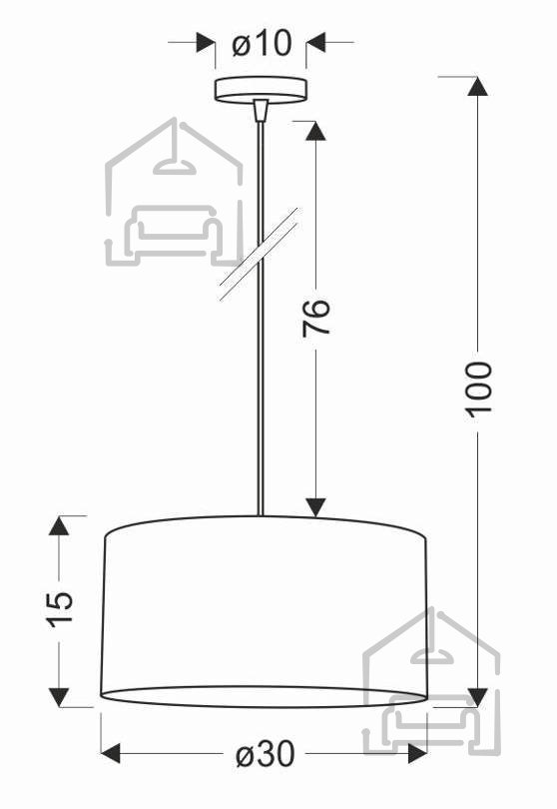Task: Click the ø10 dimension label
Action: (x=262, y=43)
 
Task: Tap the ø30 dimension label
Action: (x=266, y=754)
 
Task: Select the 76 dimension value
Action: (x=315, y=318)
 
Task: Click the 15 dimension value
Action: (x=61, y=609)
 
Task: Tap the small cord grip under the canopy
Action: (x=262, y=111)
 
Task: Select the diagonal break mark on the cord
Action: (x=259, y=254)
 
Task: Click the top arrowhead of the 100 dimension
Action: (x=477, y=86)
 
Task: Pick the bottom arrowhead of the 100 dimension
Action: (x=477, y=696)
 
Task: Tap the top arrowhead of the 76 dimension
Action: (x=315, y=131)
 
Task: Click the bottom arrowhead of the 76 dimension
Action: (x=315, y=507)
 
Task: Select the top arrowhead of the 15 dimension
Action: (x=59, y=525)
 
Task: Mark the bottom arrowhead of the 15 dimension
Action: (x=59, y=697)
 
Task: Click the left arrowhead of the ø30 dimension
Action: (x=111, y=754)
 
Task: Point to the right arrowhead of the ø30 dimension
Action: (x=417, y=754)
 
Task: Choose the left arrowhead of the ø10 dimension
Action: (x=206, y=42)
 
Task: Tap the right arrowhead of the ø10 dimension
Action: (x=316, y=42)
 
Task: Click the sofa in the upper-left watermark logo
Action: (x=175, y=231)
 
